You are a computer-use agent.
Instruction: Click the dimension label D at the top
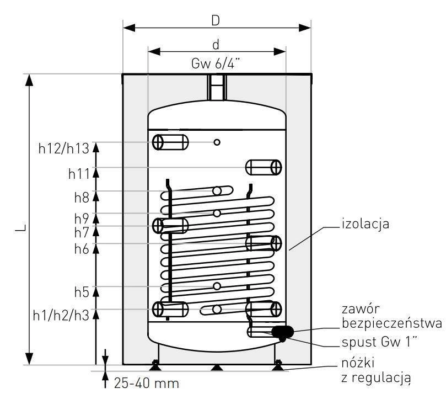[x=216, y=20]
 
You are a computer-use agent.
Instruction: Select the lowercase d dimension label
[x=216, y=45]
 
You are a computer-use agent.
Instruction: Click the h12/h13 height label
[x=64, y=148]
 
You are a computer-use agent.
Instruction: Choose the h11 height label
[x=79, y=173]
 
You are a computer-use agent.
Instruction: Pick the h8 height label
[x=82, y=198]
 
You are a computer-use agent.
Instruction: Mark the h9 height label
[x=82, y=219]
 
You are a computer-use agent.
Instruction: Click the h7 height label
[x=82, y=233]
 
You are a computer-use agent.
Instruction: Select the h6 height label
[x=82, y=249]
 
